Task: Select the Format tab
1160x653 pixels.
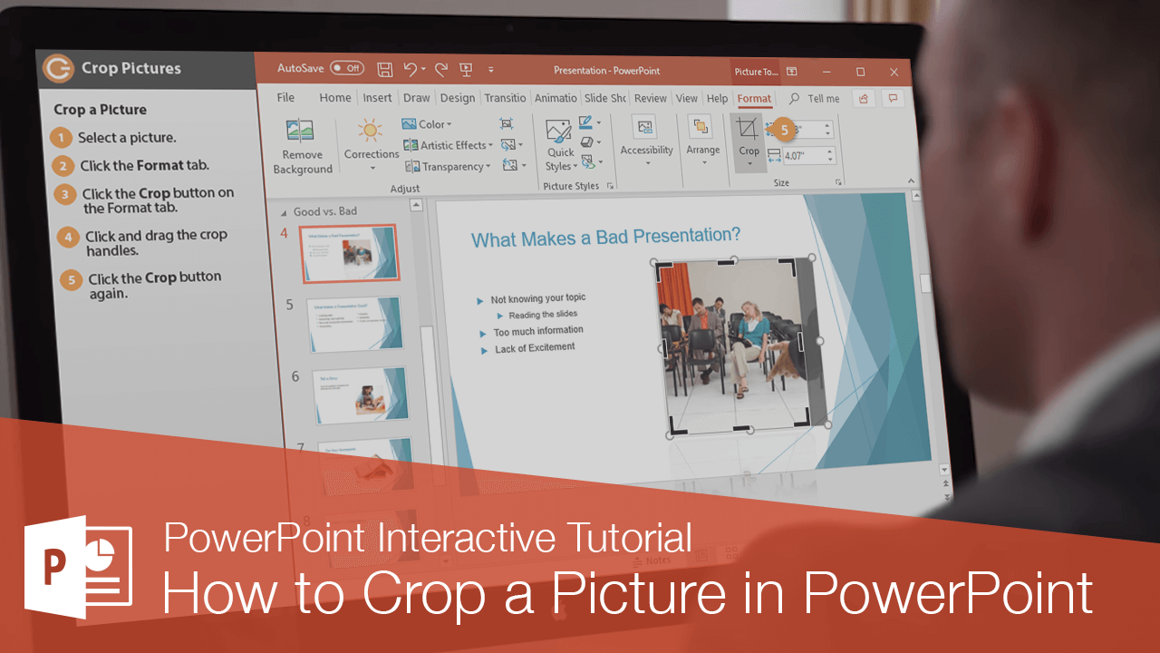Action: coord(754,98)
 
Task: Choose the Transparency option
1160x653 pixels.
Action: coord(449,167)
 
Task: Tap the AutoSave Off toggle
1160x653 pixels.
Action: coord(346,68)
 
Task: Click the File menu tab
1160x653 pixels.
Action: coord(285,98)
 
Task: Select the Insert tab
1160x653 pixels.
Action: coord(377,98)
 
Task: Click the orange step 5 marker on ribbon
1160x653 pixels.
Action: coord(785,130)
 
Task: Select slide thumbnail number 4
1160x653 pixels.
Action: coord(350,254)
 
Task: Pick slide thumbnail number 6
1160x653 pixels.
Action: coord(358,395)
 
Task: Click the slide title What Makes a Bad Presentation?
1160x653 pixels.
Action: coord(605,237)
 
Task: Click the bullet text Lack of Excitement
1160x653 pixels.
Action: coord(535,348)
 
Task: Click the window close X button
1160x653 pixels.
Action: coord(894,72)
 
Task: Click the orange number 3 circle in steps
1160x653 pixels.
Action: coord(65,194)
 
